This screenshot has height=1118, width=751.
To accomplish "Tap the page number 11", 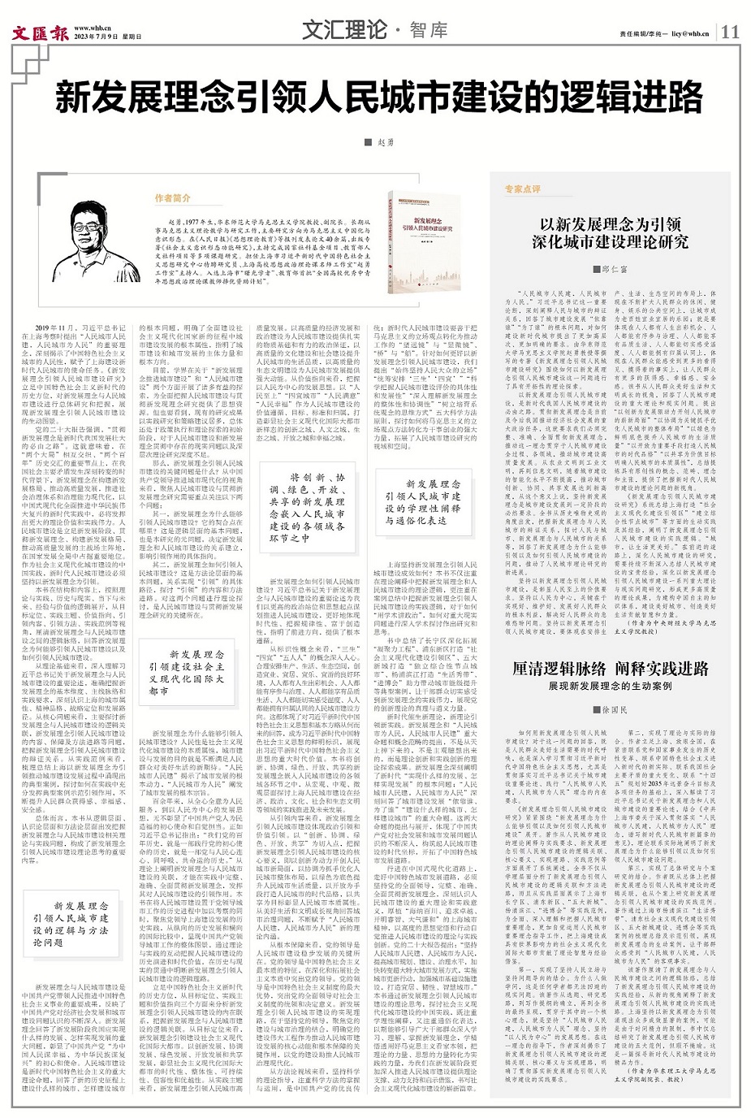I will click(x=730, y=32).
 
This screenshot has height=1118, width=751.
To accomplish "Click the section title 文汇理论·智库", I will click(x=374, y=31).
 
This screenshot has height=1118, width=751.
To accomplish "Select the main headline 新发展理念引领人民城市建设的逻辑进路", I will click(x=378, y=99).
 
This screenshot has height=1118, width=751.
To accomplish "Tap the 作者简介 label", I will click(x=172, y=197).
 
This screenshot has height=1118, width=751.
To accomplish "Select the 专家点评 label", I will click(x=522, y=188).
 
